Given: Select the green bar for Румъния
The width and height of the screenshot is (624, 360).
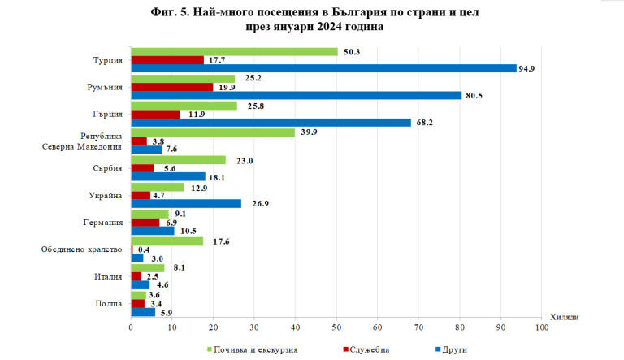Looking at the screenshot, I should pyautogui.click(x=183, y=79).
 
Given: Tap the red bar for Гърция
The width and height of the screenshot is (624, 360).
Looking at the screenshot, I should pyautogui.click(x=155, y=114).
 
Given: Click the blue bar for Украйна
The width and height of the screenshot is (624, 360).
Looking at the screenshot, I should pyautogui.click(x=186, y=203).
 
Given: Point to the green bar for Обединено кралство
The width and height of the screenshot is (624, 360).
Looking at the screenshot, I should pyautogui.click(x=167, y=241).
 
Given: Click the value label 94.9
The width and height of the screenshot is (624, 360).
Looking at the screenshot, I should pyautogui.click(x=529, y=68).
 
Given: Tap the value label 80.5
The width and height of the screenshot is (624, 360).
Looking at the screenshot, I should pyautogui.click(x=474, y=96).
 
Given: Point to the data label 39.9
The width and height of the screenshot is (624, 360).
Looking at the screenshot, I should pyautogui.click(x=309, y=132).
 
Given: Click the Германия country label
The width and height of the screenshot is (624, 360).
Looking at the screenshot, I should pyautogui.click(x=103, y=222).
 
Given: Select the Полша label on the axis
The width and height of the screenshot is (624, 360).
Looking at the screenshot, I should pyautogui.click(x=110, y=303).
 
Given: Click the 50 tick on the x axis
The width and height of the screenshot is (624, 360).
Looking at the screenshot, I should pyautogui.click(x=336, y=327).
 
